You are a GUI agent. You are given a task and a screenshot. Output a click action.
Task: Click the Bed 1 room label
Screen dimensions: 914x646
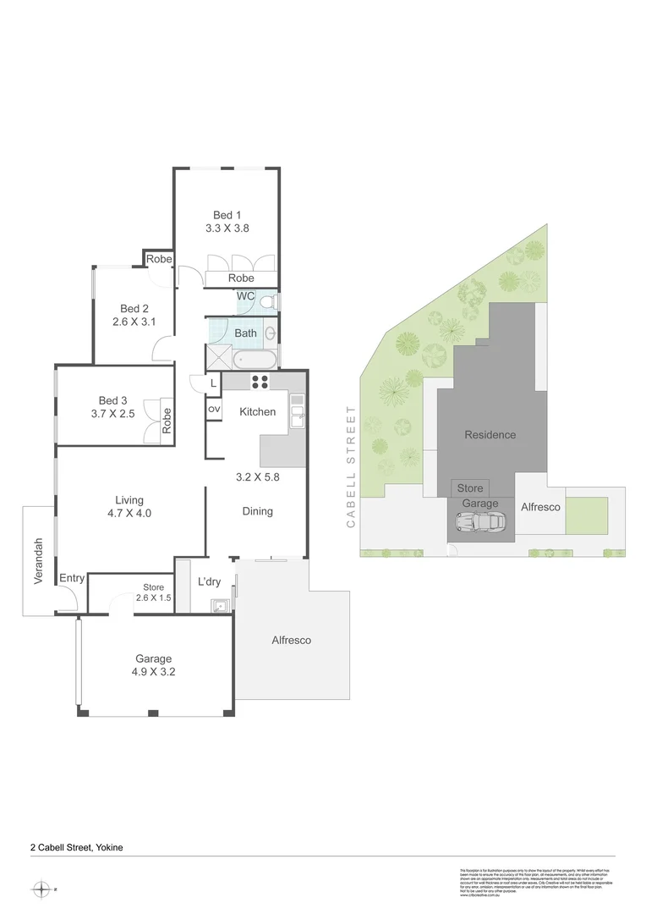[x=227, y=215]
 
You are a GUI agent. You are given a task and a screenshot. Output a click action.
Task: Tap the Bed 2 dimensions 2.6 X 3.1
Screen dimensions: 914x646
[x=134, y=322]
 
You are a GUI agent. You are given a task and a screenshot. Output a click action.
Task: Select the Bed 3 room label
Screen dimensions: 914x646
[x=113, y=400]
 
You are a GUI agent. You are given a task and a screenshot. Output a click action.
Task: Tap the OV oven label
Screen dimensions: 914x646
[x=214, y=410]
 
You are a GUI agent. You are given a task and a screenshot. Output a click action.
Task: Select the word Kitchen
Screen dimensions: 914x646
[x=257, y=411]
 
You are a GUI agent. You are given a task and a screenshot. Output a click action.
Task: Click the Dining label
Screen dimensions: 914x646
[x=257, y=511]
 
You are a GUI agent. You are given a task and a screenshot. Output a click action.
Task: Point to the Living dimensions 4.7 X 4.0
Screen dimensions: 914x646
[x=130, y=513]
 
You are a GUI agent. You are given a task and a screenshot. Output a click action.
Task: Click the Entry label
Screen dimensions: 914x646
[x=72, y=579]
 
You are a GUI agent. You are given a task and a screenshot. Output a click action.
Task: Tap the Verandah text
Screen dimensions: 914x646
[x=38, y=561]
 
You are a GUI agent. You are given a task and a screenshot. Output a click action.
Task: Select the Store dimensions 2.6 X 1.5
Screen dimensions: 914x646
[x=153, y=598]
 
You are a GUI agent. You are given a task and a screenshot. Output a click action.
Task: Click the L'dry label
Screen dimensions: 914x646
[x=209, y=582]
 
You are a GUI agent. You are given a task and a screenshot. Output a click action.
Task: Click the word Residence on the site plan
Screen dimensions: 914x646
[x=490, y=435]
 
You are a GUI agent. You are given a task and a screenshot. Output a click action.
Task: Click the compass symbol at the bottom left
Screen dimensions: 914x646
[x=40, y=889]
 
